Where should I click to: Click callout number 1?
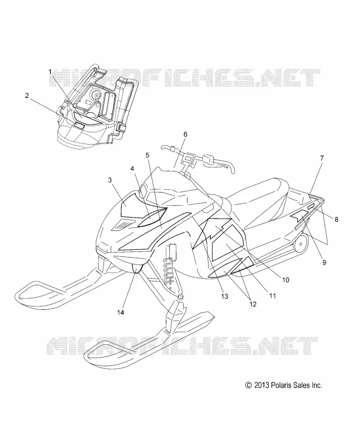pyautogui.click(x=50, y=72)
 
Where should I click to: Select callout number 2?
pyautogui.click(x=27, y=95)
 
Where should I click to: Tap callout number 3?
pyautogui.click(x=110, y=180)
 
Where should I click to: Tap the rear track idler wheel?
pyautogui.click(x=300, y=244)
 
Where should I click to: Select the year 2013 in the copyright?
pyautogui.click(x=261, y=385)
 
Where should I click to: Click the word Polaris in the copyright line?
pyautogui.click(x=280, y=385)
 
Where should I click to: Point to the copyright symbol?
pyautogui.click(x=248, y=385)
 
